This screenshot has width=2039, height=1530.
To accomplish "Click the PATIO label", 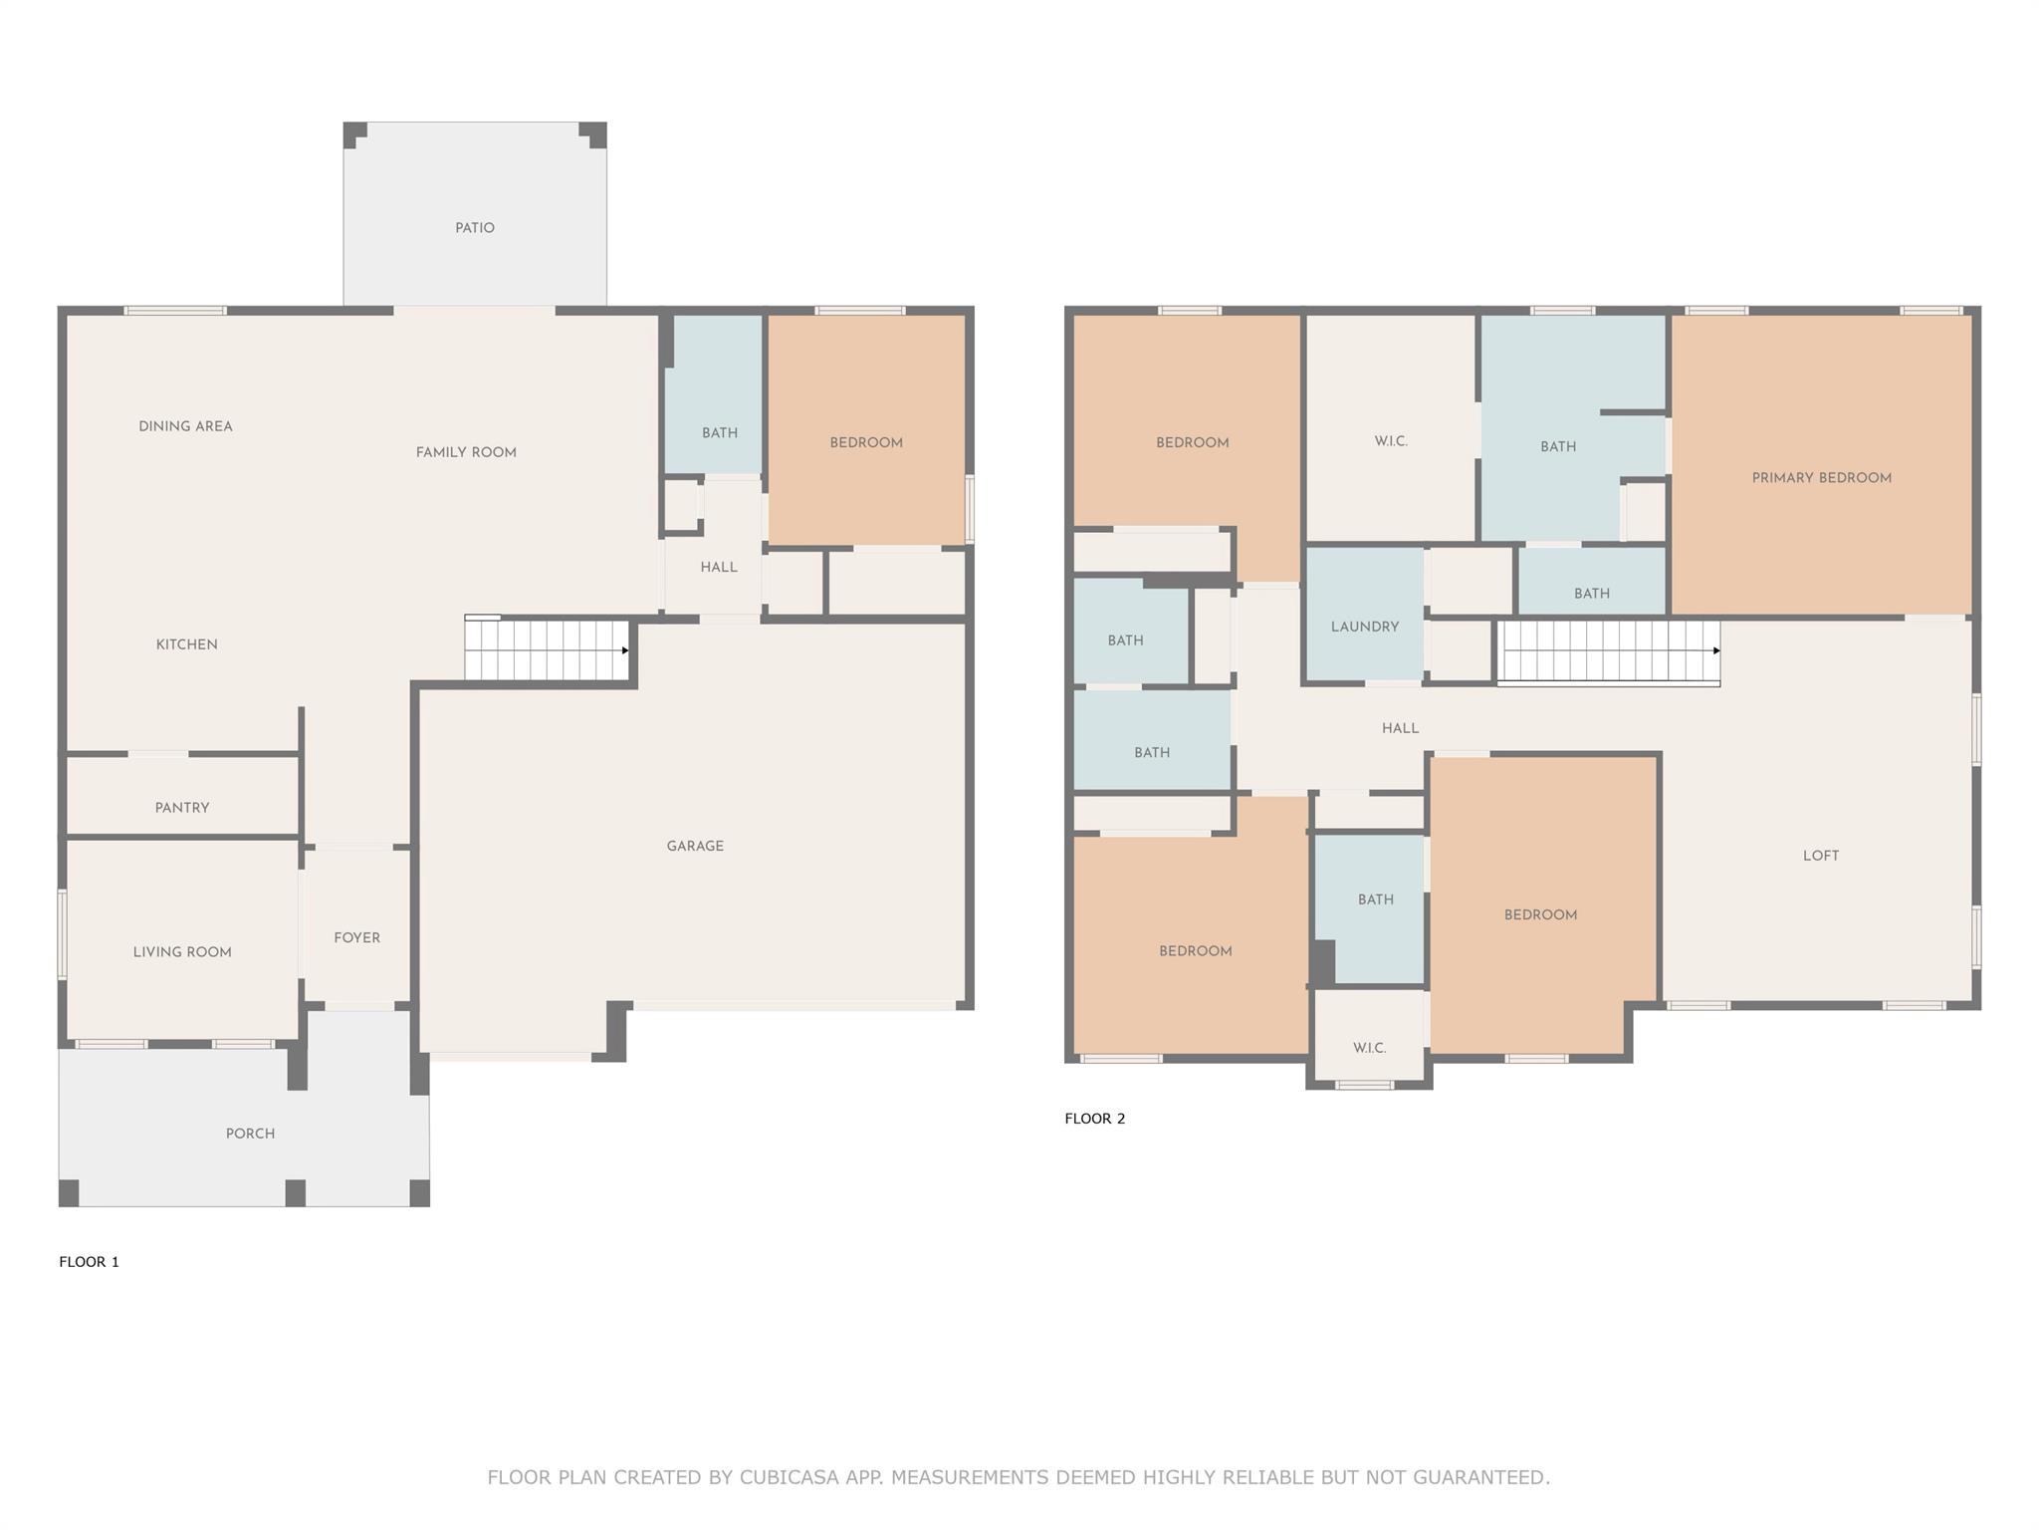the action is (x=475, y=228).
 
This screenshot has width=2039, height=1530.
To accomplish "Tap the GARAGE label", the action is (x=695, y=846).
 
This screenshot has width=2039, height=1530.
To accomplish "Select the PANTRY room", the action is (x=182, y=795).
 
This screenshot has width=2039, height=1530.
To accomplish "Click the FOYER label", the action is (x=357, y=937).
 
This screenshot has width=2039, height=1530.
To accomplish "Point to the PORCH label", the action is (x=250, y=1134).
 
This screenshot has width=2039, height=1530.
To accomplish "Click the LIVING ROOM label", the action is (x=182, y=952).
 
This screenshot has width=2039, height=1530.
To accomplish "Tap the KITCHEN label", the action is (x=187, y=644).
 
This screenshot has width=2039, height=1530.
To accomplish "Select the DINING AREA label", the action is (x=185, y=426).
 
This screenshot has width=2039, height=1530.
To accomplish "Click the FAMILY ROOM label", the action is (x=466, y=452).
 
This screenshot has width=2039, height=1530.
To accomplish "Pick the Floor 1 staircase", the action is (x=547, y=649).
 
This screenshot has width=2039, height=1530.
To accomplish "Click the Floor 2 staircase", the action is (x=1609, y=652).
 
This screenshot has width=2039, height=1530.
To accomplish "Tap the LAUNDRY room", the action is (x=1364, y=614).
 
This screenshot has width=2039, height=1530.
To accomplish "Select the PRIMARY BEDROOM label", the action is (x=1822, y=478).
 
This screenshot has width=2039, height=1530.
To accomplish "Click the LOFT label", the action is (x=1821, y=856).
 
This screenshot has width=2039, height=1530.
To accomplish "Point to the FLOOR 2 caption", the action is (x=1095, y=1119).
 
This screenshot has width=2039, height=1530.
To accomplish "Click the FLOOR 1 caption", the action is (x=89, y=1262).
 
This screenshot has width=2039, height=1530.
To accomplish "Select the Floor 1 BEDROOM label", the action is (x=866, y=442).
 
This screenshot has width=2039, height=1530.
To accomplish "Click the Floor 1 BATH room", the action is (x=714, y=395).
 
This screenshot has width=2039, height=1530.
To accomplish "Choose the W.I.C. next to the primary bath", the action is (x=1391, y=428).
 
